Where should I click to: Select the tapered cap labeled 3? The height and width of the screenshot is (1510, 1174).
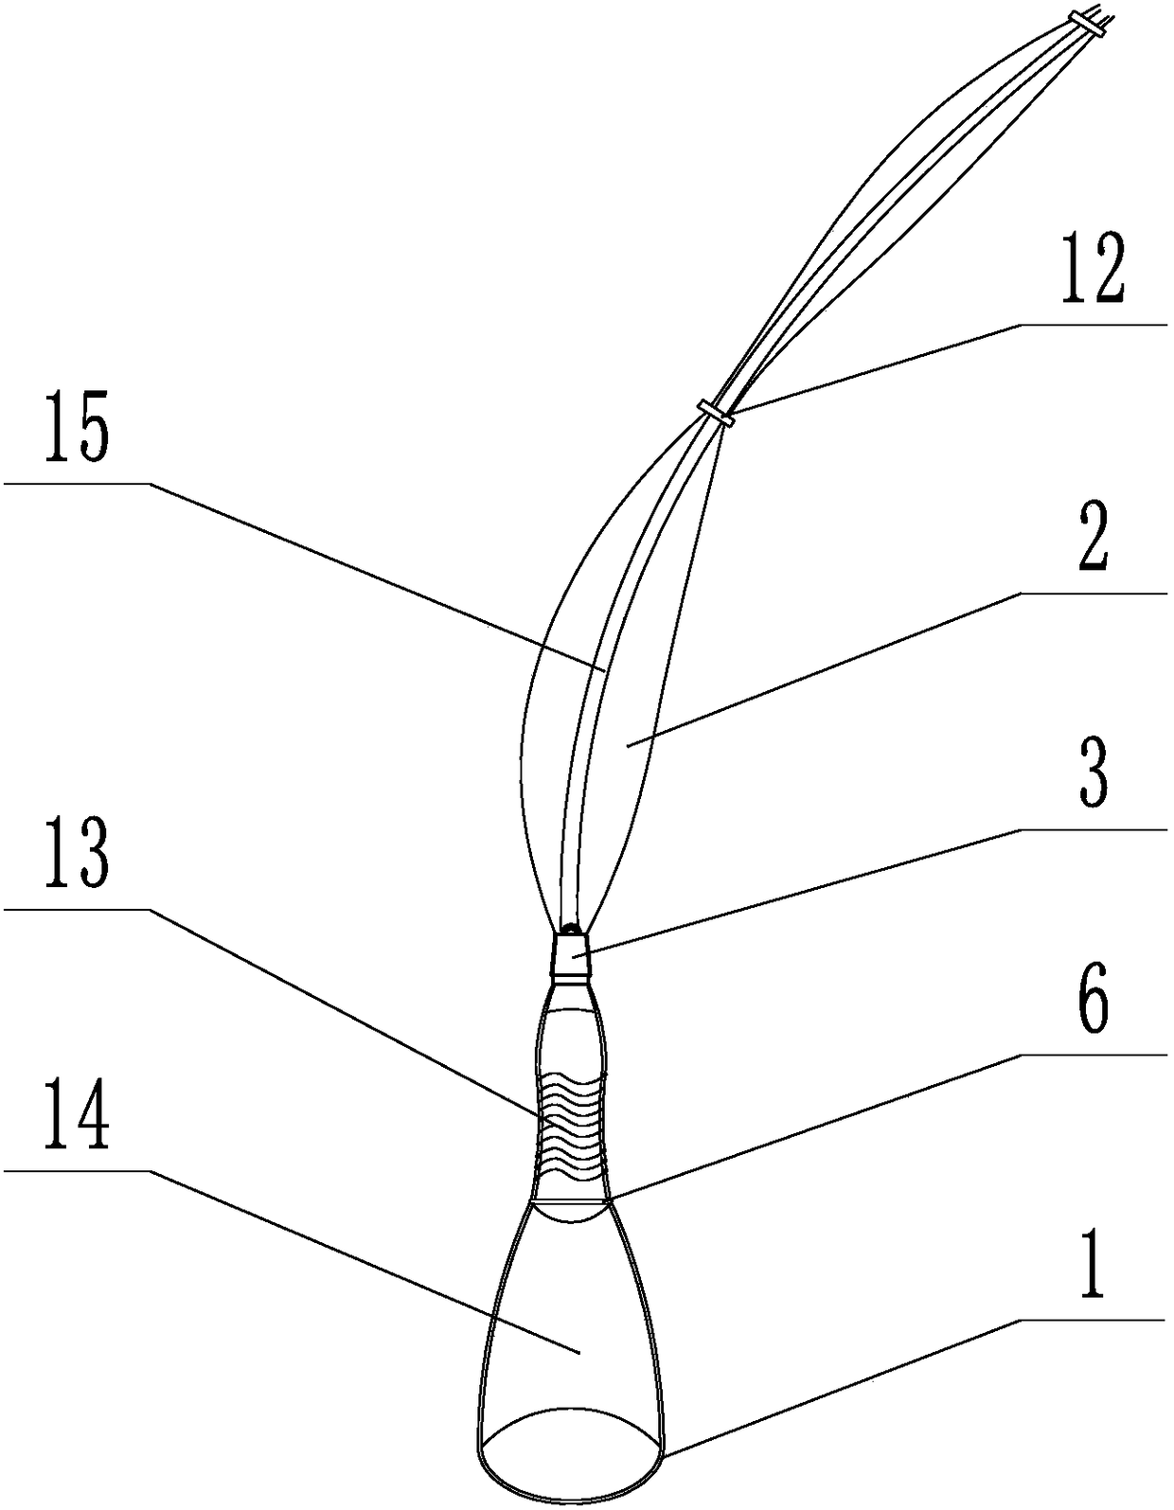[x=571, y=954]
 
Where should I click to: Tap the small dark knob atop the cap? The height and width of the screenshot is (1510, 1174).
[x=571, y=927]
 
